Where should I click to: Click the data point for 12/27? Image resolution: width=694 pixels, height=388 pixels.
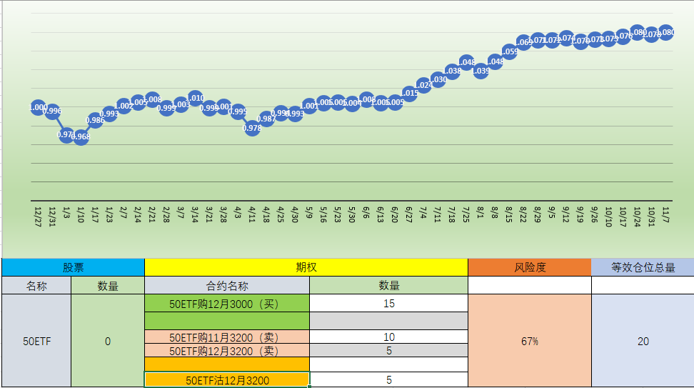coord(39,107)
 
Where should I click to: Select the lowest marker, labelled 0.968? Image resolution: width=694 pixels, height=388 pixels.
coord(81,136)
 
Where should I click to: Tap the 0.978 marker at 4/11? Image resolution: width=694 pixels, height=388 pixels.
coord(252,128)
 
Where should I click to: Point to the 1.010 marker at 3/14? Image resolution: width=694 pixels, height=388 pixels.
coord(196,99)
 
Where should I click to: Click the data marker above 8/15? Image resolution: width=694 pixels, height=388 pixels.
coord(509,51)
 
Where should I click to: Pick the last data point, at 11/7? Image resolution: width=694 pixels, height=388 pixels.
coord(666,32)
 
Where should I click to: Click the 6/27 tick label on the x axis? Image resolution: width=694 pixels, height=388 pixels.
coord(409,214)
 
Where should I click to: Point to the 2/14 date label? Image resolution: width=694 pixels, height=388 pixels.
coord(138,214)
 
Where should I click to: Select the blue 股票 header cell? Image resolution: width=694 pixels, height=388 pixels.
coord(73,267)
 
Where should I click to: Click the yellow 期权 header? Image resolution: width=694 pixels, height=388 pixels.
coord(306,267)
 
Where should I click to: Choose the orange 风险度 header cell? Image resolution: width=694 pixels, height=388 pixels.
coord(529,267)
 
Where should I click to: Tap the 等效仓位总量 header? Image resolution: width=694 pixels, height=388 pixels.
coord(643,267)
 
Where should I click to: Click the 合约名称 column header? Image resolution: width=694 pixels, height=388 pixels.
coord(227,285)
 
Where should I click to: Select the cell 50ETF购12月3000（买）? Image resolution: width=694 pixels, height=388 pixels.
coord(227,303)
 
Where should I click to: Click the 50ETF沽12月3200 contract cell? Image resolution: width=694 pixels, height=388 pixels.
coord(227,380)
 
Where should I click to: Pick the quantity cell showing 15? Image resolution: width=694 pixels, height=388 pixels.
coord(388,303)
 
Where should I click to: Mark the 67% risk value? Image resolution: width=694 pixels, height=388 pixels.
coord(529,342)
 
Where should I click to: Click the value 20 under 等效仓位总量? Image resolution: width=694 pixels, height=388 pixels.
coord(643,342)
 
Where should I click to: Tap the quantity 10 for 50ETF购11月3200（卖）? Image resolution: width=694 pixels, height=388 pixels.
coord(388,337)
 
